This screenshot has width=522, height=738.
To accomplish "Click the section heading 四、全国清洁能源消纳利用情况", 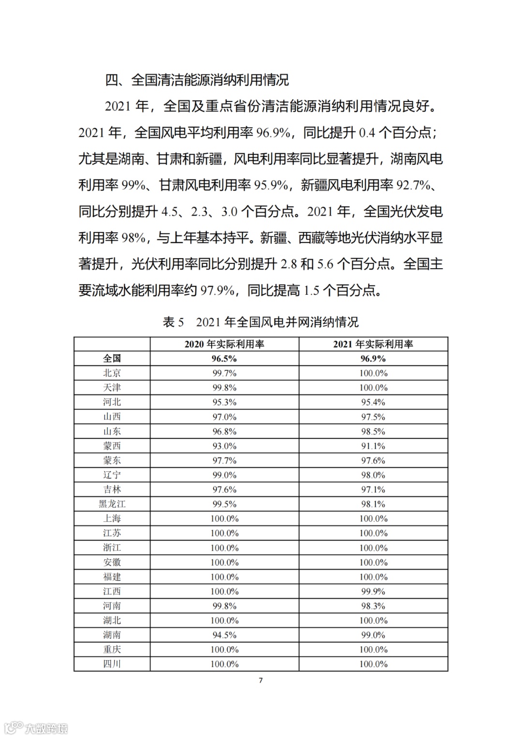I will point(197,80).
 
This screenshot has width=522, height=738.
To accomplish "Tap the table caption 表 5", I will point(174,322).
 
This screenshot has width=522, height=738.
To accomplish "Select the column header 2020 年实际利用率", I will point(224,344).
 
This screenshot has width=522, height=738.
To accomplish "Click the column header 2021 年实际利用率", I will point(373,344).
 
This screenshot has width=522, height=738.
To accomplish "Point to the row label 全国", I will point(112,359).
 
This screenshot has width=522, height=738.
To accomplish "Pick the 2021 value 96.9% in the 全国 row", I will point(373,359).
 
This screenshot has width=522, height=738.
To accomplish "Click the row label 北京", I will point(112,373).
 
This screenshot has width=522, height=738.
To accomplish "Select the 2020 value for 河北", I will point(224,402).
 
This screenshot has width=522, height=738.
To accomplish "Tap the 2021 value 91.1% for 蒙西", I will point(373,446).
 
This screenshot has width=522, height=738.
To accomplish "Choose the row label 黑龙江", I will point(112,504).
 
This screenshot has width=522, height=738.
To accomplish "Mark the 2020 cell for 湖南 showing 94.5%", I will point(224,635).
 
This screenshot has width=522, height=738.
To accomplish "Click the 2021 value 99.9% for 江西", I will point(373,592).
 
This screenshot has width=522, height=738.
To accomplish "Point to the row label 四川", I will point(112,664).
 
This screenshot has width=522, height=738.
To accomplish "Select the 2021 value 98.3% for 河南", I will point(373,606).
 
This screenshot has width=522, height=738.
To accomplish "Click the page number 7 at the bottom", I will point(261,680).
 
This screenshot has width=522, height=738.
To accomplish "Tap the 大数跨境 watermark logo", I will point(36,728).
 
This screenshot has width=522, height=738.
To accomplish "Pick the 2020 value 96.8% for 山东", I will point(224,432).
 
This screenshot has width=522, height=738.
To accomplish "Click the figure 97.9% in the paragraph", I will point(217,290).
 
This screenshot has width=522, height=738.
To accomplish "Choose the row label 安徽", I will point(112,563).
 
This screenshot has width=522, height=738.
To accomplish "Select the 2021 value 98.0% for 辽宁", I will point(373,475).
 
